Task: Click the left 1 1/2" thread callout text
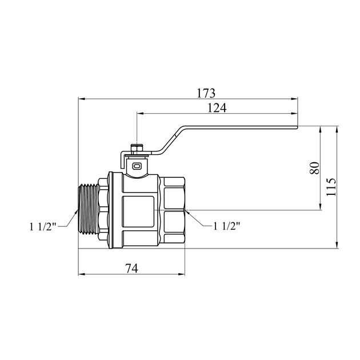pyautogui.click(x=43, y=227)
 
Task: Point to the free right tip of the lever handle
pyautogui.click(x=297, y=127)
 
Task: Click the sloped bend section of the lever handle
pyautogui.click(x=173, y=140)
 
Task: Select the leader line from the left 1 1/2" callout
pyautogui.click(x=67, y=219)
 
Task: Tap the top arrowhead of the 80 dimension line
pyautogui.click(x=320, y=130)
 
